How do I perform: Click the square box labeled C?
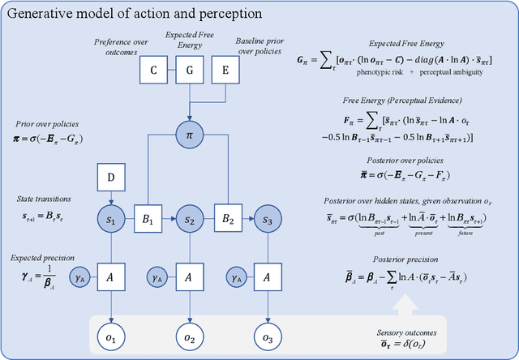[152, 71]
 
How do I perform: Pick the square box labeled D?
[111, 176]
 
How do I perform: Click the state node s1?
[111, 221]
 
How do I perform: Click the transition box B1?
[149, 221]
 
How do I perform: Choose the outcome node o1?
[111, 335]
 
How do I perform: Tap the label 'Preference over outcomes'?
[118, 45]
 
